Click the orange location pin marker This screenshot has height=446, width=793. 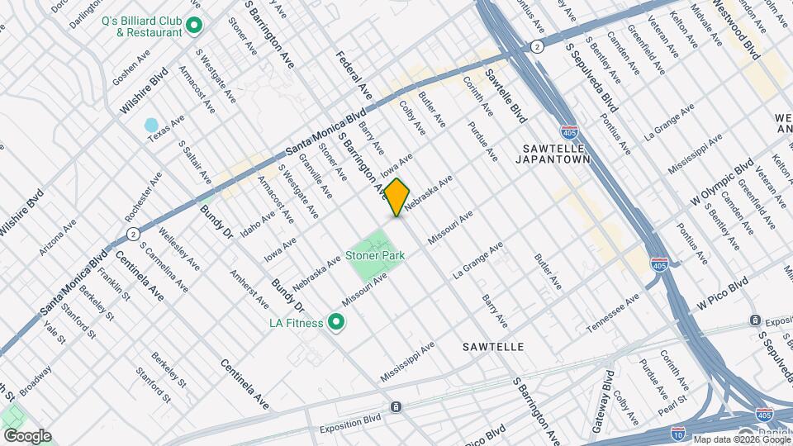tap(397, 197)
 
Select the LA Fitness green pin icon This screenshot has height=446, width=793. tap(336, 322)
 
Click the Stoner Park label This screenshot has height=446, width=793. tap(375, 256)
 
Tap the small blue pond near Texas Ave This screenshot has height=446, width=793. tap(151, 126)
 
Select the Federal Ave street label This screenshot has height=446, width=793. tap(349, 70)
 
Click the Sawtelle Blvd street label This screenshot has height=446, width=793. tap(506, 96)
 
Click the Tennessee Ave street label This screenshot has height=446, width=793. tap(613, 314)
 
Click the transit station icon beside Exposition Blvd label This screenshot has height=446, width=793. tap(396, 406)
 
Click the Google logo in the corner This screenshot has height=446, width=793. tap(26, 435)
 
